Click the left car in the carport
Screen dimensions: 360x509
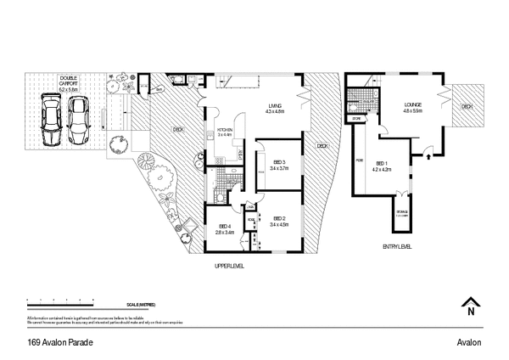pos(51,121)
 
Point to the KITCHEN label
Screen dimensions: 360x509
pos(225,132)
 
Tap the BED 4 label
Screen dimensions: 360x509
pos(224,228)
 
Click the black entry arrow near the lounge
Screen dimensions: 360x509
pos(428,156)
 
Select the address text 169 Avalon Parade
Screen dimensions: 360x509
pos(59,342)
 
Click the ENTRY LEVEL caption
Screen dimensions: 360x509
pos(397,246)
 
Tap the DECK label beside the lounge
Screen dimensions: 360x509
pos(466,108)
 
